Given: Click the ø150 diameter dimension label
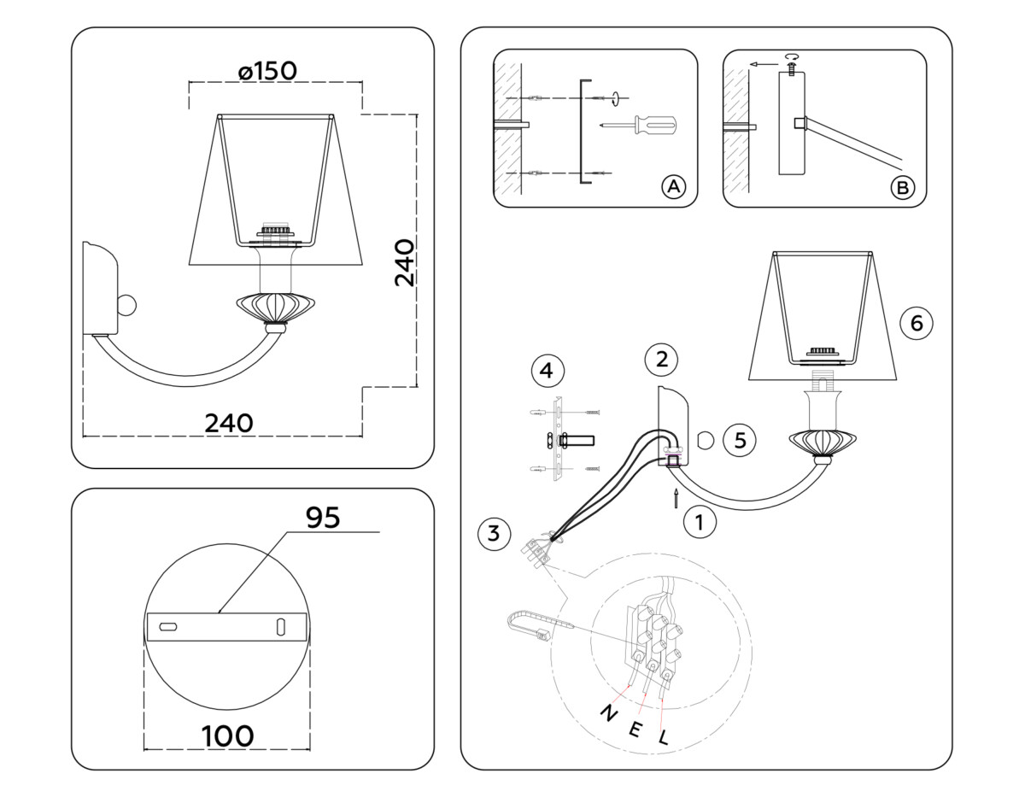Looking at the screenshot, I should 268,71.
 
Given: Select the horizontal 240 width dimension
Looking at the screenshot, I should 229,423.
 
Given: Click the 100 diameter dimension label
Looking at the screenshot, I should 227,735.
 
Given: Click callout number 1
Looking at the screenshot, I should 700,521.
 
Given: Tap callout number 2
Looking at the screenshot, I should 661,359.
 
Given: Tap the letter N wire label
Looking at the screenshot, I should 609,713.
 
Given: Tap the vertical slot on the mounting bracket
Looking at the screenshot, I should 280,626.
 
